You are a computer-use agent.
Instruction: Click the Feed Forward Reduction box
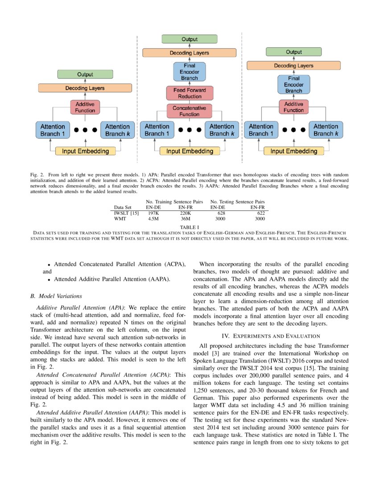point(189,93)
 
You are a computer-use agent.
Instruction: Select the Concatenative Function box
point(189,111)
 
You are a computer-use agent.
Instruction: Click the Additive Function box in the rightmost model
point(294,107)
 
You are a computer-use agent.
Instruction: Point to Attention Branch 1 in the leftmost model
point(53,130)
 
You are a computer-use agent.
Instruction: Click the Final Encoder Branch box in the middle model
point(189,71)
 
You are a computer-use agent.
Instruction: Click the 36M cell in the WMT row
point(185,219)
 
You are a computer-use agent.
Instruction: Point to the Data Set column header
point(123,208)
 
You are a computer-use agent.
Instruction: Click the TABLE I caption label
point(189,227)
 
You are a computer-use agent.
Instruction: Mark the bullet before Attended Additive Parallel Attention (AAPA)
point(49,280)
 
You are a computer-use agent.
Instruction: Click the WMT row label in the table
point(120,219)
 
